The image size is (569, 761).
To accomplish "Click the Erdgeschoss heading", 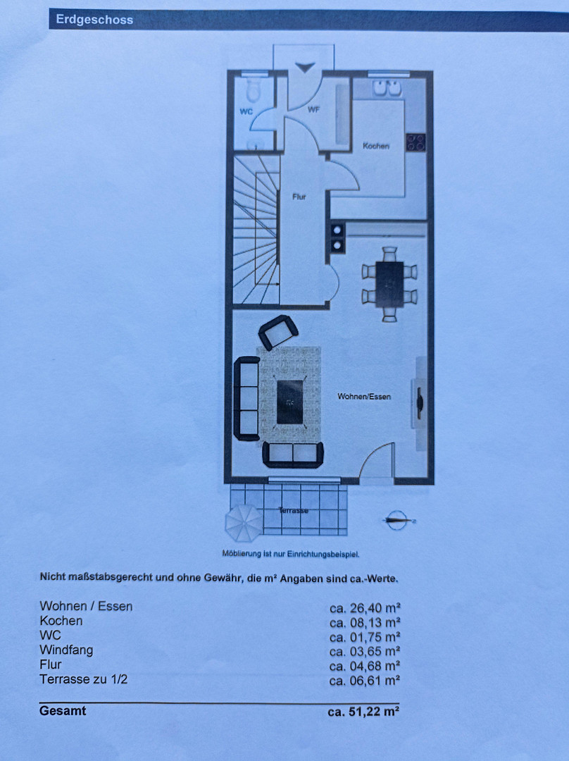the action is [x=94, y=20].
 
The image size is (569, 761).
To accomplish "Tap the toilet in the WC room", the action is [x=254, y=88].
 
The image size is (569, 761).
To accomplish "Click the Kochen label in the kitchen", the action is [x=376, y=146].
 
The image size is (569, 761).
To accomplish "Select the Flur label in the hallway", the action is [x=299, y=197].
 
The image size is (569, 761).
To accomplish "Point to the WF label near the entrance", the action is [x=313, y=110].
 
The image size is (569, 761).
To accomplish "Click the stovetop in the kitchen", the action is [x=415, y=142].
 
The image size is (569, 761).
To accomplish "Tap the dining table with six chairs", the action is [x=389, y=284].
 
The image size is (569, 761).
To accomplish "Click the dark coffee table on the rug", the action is [x=289, y=402].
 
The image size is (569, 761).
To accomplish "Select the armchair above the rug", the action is [x=278, y=332].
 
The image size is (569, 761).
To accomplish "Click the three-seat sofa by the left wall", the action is [x=247, y=398].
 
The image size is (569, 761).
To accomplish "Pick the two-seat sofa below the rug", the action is [x=293, y=454].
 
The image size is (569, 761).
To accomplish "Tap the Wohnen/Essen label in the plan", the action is [x=364, y=397].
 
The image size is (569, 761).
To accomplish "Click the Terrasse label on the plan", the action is [x=294, y=511].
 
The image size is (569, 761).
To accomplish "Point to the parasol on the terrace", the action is [x=244, y=523].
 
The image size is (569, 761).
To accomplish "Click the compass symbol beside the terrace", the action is [x=398, y=520].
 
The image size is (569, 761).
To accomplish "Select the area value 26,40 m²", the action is [x=365, y=607].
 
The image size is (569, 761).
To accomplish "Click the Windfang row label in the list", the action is [x=66, y=650].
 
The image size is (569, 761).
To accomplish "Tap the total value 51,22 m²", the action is [x=363, y=712].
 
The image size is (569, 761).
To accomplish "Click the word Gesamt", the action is [x=63, y=710].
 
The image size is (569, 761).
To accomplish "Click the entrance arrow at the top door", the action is [x=305, y=68].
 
